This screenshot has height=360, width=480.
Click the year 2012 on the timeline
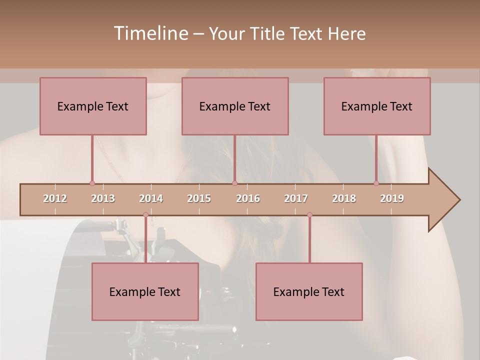pyautogui.click(x=55, y=198)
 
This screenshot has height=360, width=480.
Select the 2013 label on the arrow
pyautogui.click(x=103, y=198)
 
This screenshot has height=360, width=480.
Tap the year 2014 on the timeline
pyautogui.click(x=151, y=198)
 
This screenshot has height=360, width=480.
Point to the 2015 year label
pyautogui.click(x=199, y=198)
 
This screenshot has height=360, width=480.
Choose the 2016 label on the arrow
pyautogui.click(x=248, y=198)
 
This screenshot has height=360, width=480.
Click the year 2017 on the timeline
pyautogui.click(x=296, y=198)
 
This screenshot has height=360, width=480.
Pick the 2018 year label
pyautogui.click(x=344, y=198)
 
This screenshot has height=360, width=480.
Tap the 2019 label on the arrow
pyautogui.click(x=392, y=198)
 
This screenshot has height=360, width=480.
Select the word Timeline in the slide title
pyautogui.click(x=150, y=33)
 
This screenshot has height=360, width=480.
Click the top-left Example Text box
pyautogui.click(x=93, y=106)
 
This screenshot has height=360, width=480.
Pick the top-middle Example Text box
pyautogui.click(x=235, y=106)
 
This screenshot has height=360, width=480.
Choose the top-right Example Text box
pyautogui.click(x=377, y=106)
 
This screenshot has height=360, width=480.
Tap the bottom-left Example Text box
pyautogui.click(x=145, y=291)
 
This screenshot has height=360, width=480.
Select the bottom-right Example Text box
pyautogui.click(x=309, y=291)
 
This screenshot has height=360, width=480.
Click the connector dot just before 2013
pyautogui.click(x=92, y=183)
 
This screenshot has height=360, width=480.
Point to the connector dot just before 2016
pyautogui.click(x=234, y=183)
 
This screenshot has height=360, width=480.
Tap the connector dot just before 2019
pyautogui.click(x=376, y=183)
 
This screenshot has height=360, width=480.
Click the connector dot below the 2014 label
pyautogui.click(x=145, y=214)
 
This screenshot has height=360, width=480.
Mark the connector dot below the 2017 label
pyautogui.click(x=309, y=214)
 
